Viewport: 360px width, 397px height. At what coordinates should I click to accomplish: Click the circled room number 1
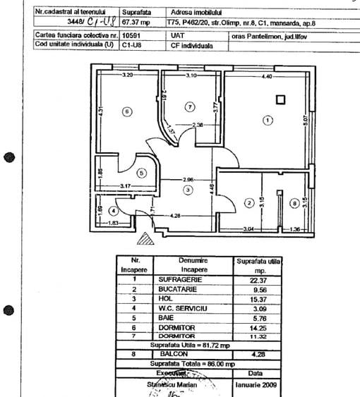pyautogui.click(x=267, y=121)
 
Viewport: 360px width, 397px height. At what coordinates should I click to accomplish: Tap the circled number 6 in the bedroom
pyautogui.click(x=126, y=111)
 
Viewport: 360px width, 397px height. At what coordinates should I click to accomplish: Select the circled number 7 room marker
pyautogui.click(x=188, y=106)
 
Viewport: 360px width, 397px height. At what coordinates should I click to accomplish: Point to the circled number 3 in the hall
pyautogui.click(x=187, y=190)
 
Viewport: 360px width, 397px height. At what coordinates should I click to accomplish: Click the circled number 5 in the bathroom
pyautogui.click(x=140, y=171)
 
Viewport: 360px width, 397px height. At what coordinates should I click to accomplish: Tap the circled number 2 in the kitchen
pyautogui.click(x=248, y=203)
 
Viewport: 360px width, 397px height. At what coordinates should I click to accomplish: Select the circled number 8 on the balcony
pyautogui.click(x=294, y=204)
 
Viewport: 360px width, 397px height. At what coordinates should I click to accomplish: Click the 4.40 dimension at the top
pyautogui.click(x=267, y=75)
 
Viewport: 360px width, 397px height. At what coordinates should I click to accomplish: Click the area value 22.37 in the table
pyautogui.click(x=259, y=279)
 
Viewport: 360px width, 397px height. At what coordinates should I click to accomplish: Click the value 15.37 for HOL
pyautogui.click(x=259, y=298)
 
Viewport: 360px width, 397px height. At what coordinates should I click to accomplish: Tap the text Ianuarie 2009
pyautogui.click(x=258, y=386)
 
